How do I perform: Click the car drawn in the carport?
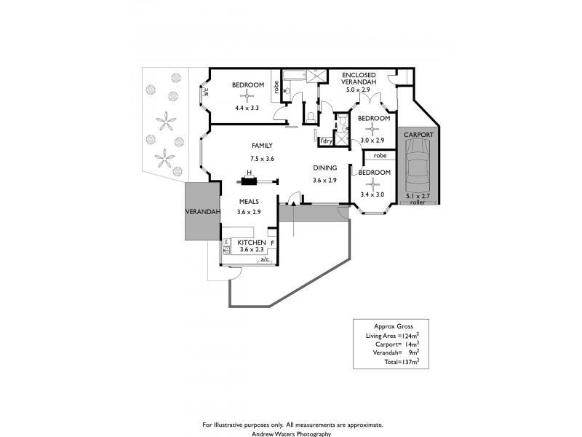coord(418,165)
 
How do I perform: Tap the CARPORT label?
coord(418,135)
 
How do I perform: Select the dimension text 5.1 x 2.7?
coord(418,197)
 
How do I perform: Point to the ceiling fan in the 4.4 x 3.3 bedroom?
coord(247,95)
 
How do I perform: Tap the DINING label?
coord(324,167)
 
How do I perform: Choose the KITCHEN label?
coord(252,242)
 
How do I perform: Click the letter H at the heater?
coord(249,173)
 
